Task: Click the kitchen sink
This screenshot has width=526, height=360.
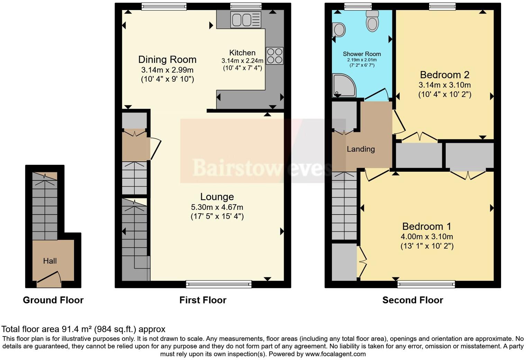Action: point(246,19)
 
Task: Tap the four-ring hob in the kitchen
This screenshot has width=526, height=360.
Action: point(274,56)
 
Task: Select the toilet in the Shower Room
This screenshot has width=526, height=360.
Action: point(372,21)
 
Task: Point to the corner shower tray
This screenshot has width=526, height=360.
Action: point(343,85)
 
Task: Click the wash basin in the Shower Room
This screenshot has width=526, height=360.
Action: point(339,30)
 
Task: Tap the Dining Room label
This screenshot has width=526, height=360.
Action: point(167,60)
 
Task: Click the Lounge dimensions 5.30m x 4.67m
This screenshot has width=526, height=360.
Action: point(217,207)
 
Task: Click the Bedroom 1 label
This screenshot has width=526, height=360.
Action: point(427,226)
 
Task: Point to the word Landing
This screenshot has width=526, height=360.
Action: point(361,149)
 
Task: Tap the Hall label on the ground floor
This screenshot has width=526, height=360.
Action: point(50,261)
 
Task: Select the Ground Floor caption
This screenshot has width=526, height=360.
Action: point(53,300)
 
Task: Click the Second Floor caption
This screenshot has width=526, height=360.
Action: point(412,300)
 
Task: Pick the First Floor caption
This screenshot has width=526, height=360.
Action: point(203,300)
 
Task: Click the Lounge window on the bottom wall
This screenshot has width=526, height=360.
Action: point(219,284)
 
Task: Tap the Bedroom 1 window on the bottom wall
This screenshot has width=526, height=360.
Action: point(426,284)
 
